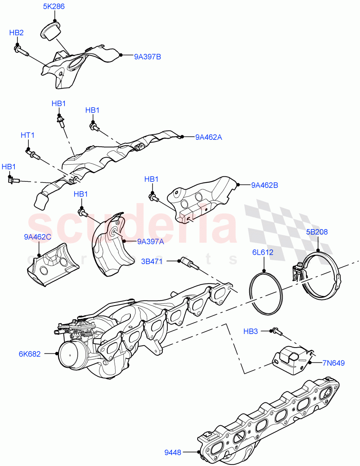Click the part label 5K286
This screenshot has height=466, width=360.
54,7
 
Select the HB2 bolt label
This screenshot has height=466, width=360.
16,33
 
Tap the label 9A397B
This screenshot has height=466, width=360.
148,57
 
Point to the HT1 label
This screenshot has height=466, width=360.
28,135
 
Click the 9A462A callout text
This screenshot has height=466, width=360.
209,137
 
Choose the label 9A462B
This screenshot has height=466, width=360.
264,185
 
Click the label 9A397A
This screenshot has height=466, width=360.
150,242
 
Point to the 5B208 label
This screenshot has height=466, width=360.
317,232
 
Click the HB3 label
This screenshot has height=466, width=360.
250,331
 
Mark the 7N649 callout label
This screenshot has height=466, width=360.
333,363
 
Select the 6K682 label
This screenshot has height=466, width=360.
29,354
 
